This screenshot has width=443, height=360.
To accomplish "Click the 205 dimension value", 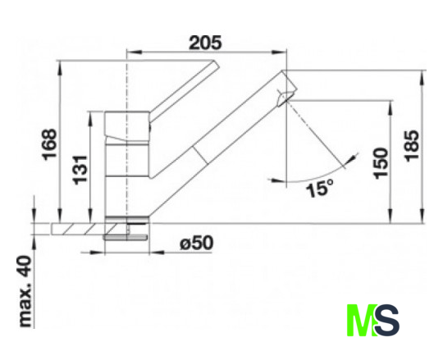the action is click(205, 43).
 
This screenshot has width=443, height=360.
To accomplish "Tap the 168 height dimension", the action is click(49, 144).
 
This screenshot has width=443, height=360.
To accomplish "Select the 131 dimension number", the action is click(80, 170).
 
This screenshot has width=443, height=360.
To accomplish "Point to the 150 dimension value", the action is click(381, 163).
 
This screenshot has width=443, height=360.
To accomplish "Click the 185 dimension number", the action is click(412, 146).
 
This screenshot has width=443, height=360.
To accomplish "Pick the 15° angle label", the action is click(320, 189).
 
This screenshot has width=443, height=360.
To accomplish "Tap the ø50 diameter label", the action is click(197, 243).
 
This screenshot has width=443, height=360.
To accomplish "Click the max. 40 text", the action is click(26, 292).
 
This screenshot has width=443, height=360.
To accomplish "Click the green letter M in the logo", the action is click(363, 320).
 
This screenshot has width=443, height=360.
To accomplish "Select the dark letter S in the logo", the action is click(387, 320).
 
